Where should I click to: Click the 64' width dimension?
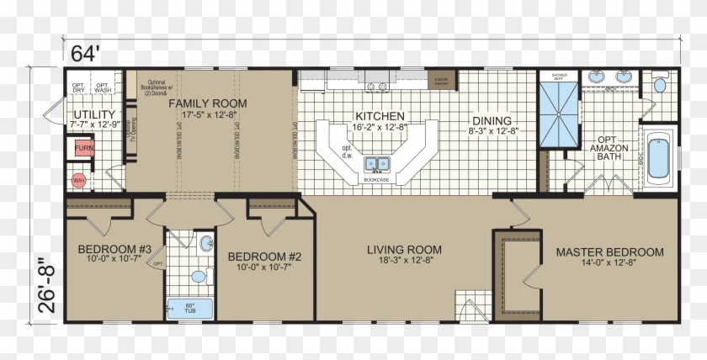tap(85, 53)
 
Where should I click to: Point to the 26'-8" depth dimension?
tap(47, 280)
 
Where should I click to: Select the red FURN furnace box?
tap(84, 148)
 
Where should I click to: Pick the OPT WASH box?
tap(101, 87)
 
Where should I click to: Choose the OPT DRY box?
tap(78, 87)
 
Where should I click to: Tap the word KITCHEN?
tap(380, 116)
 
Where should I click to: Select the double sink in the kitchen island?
tap(376, 163)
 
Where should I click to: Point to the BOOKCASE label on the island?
tap(375, 179)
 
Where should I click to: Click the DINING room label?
tap(492, 121)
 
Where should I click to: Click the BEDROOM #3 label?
tap(114, 250)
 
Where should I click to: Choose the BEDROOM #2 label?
tap(264, 257)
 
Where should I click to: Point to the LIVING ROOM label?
tap(405, 250)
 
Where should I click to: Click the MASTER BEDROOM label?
tap(609, 251)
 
